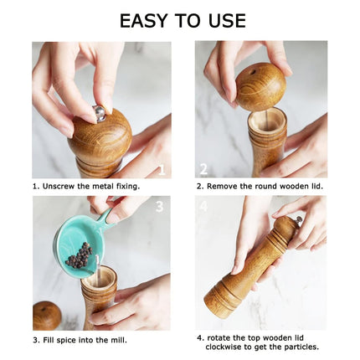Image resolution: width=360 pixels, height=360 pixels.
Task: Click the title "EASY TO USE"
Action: [x=182, y=20]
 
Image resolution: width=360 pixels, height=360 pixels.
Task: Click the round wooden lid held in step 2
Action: [x=259, y=87]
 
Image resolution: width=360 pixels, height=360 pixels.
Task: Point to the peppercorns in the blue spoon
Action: [x=79, y=255]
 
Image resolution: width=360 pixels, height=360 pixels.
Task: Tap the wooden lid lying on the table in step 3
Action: [x=46, y=316]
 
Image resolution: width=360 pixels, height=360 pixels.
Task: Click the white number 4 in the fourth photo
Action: [x=203, y=206]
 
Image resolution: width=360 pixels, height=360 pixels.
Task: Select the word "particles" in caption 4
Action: [x=301, y=347]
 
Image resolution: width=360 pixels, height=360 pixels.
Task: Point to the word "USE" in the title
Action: [x=224, y=20]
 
